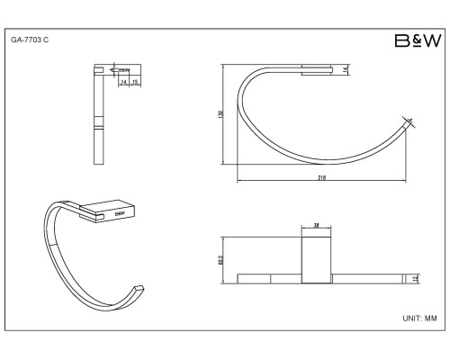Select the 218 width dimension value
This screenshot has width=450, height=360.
tap(320, 178)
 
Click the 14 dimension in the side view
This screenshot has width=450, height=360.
tap(122, 80)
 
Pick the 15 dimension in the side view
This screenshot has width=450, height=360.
tap(134, 80)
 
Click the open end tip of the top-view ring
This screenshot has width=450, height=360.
tap(410, 121)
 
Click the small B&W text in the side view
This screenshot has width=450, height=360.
tap(124, 68)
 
